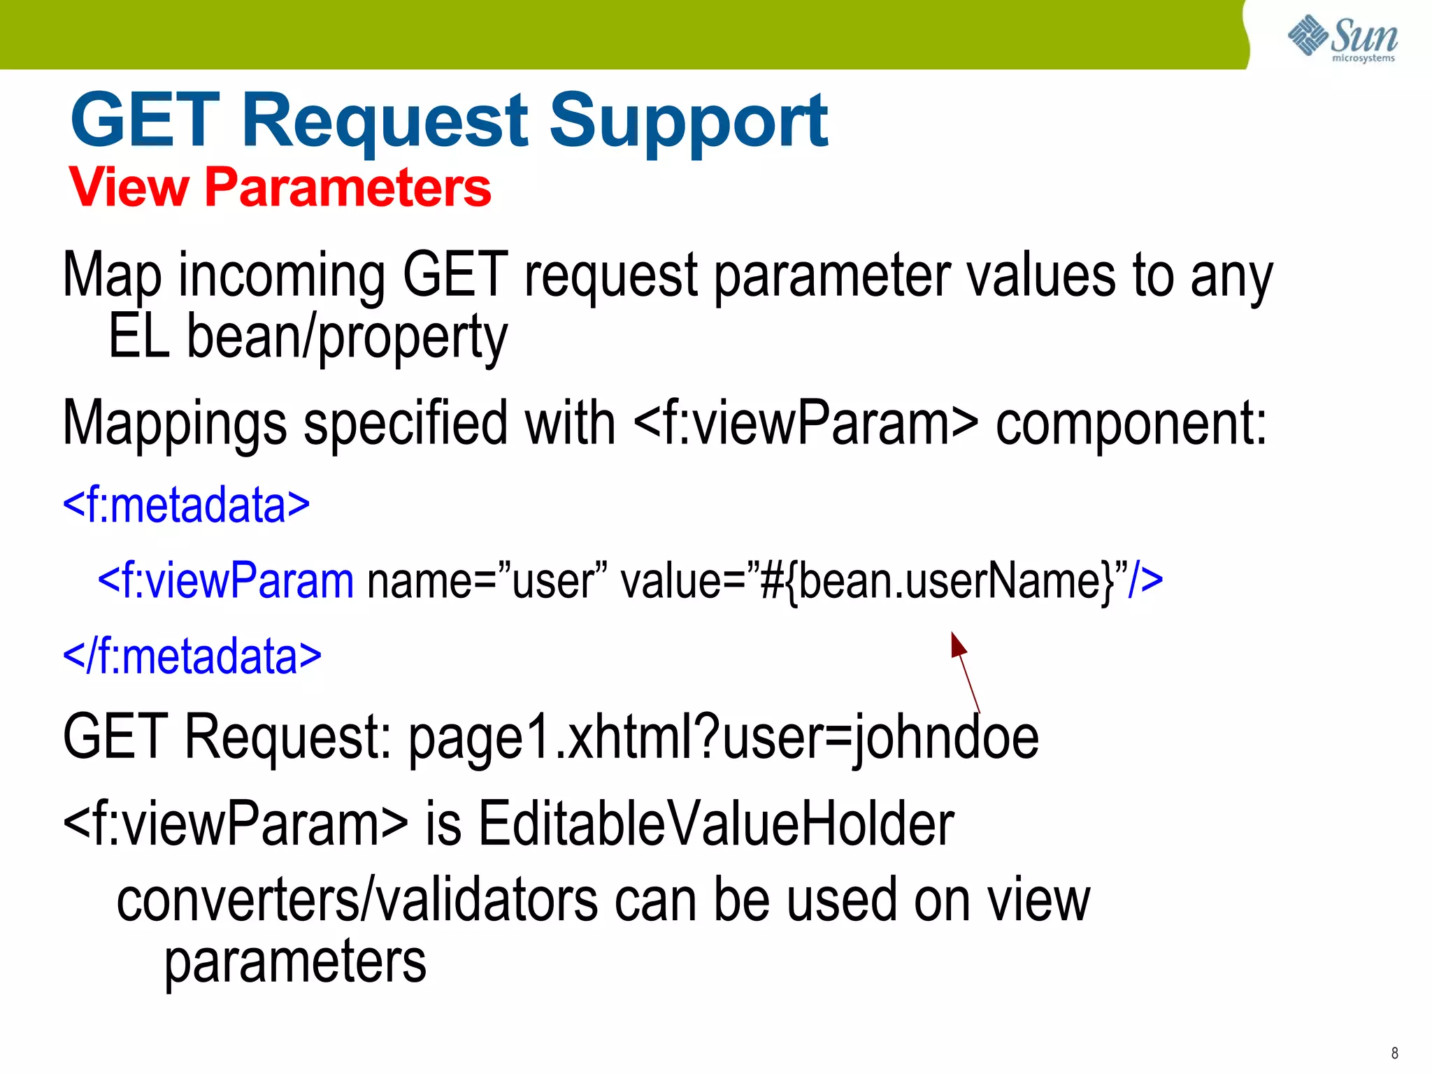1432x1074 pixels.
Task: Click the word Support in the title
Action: tap(688, 122)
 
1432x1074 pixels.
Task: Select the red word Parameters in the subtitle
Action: tap(348, 187)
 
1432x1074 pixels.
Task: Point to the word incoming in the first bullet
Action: tap(281, 275)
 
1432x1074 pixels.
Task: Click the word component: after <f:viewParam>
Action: tap(1131, 424)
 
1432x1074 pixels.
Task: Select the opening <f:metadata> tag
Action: tap(186, 505)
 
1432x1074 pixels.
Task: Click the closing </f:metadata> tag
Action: tap(192, 656)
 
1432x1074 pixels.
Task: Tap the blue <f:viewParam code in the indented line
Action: tap(226, 580)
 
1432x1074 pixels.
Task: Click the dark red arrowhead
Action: tap(957, 644)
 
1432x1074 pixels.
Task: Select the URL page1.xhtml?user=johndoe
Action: tap(723, 737)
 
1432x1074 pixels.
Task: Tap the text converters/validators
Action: tap(357, 901)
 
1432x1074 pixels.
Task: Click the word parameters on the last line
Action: tap(295, 962)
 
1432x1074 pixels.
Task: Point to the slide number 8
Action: tap(1394, 1053)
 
